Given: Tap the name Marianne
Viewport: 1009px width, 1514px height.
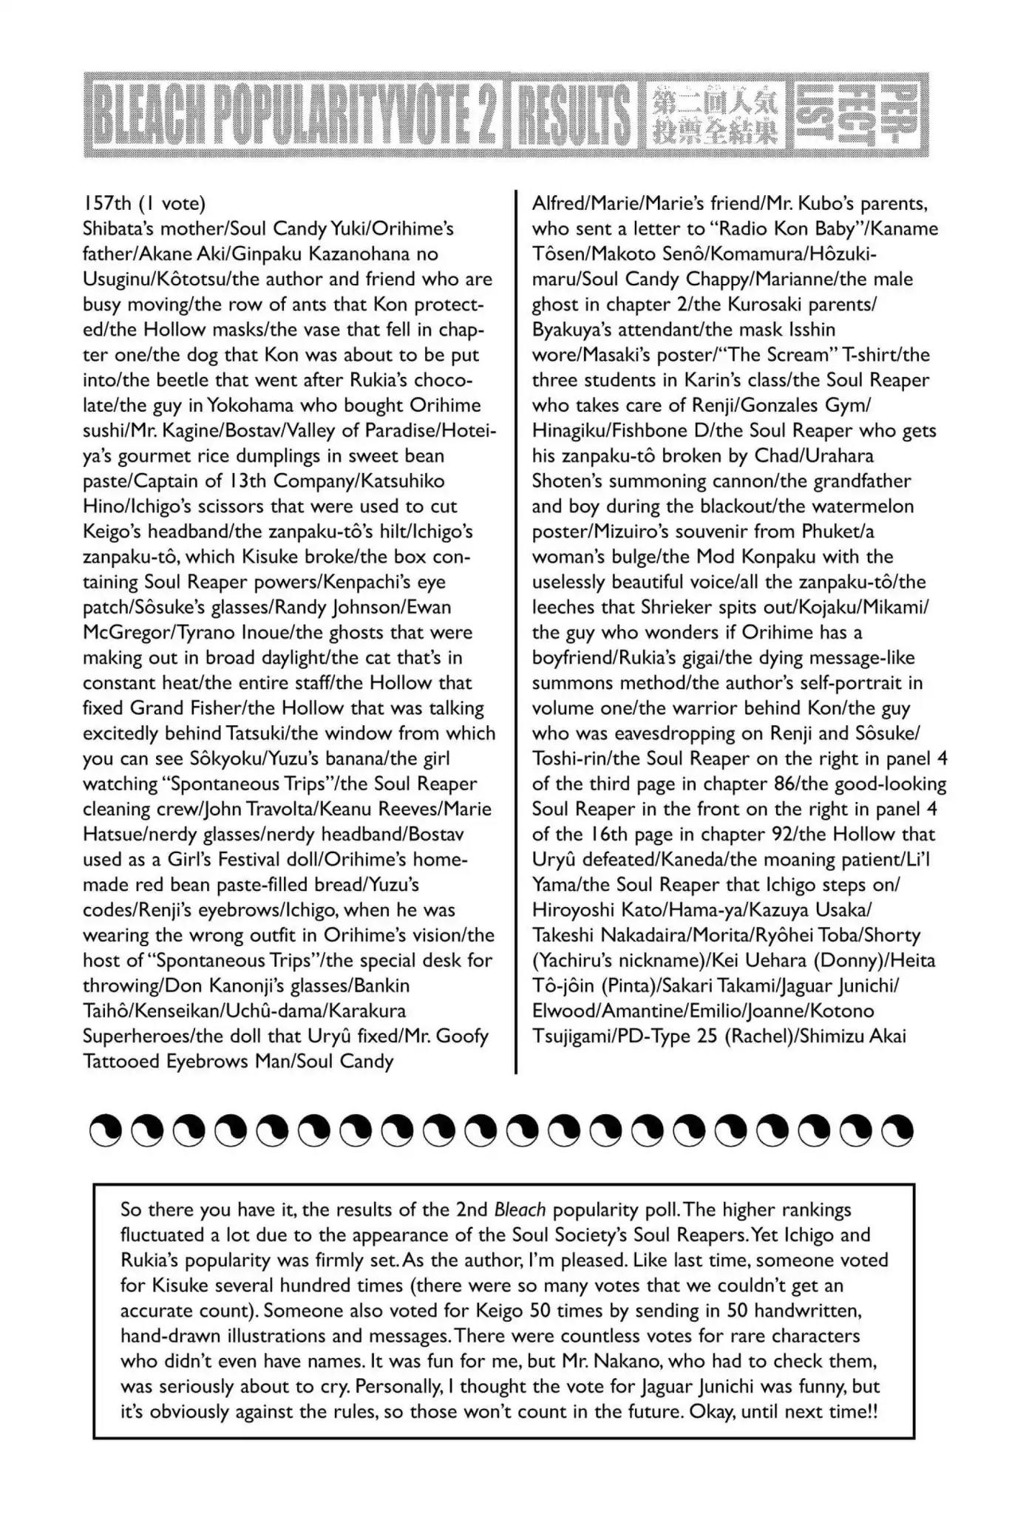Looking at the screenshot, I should pyautogui.click(x=761, y=279).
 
